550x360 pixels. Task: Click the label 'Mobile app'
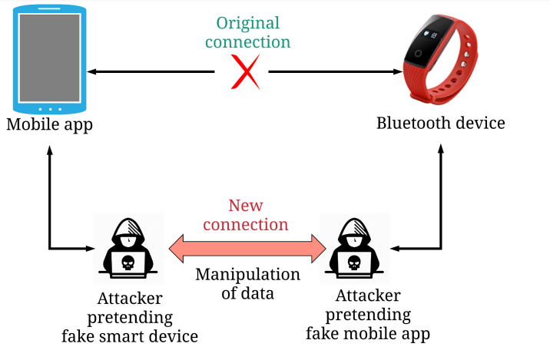coord(49,124)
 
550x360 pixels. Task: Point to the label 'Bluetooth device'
coord(441,124)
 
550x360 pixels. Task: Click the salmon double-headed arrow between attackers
coord(247,248)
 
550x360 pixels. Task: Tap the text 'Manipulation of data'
coord(247,283)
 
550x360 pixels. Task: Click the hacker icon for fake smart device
coord(128,246)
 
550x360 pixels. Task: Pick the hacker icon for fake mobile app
coord(355,246)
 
